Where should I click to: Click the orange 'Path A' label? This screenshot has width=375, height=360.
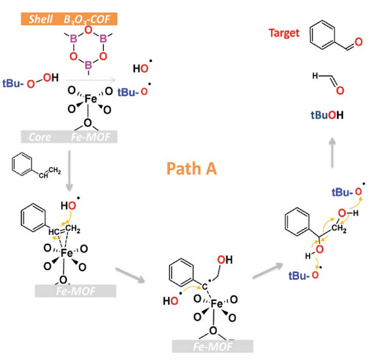(x=191, y=169)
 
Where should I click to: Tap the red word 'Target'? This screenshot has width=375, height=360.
(x=284, y=33)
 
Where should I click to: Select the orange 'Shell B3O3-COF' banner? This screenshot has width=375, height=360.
(x=69, y=19)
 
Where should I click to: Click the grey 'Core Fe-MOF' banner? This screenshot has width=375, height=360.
(x=69, y=137)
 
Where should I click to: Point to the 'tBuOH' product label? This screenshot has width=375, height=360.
(x=327, y=115)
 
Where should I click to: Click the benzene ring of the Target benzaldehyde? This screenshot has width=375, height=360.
(x=323, y=35)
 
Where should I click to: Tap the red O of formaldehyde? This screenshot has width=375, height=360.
(x=340, y=90)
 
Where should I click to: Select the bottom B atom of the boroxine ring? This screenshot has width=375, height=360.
(x=88, y=65)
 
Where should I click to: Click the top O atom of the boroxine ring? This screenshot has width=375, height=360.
(x=88, y=30)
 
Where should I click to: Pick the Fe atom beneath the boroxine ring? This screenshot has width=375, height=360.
(x=90, y=99)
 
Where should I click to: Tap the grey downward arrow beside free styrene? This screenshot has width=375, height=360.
(x=69, y=170)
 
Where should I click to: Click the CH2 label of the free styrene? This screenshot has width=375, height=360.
(x=55, y=170)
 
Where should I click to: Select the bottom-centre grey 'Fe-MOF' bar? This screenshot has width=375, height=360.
(x=213, y=346)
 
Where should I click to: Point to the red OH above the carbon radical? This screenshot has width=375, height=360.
(x=224, y=260)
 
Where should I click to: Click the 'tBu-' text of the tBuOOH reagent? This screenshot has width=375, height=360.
(x=13, y=84)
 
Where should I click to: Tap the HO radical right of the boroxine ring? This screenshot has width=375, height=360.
(x=142, y=67)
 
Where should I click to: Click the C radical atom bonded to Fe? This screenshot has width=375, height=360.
(x=205, y=286)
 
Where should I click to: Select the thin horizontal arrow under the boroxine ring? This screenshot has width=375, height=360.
(x=91, y=80)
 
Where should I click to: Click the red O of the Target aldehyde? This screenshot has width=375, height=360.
(x=358, y=42)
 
